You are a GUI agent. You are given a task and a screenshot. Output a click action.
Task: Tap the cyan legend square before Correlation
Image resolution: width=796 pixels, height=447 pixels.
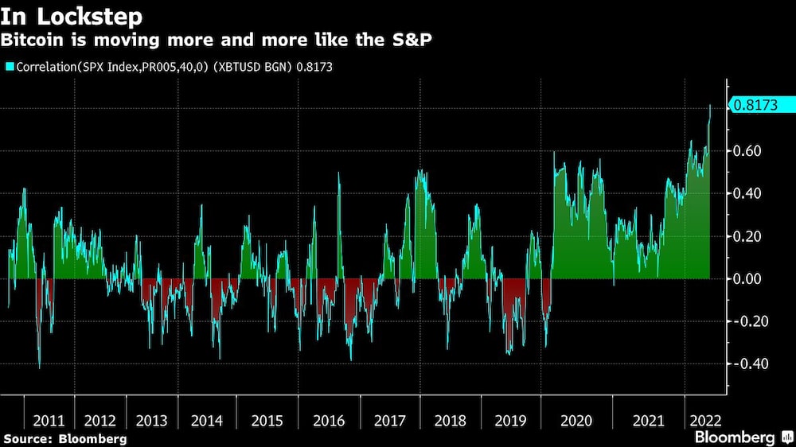(9, 68)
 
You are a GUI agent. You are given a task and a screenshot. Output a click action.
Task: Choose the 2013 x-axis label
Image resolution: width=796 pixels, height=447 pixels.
(151, 420)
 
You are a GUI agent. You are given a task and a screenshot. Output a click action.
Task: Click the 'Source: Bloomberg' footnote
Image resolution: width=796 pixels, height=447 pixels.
(65, 438)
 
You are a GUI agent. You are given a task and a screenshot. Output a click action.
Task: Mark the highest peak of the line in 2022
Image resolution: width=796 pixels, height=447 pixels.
(711, 105)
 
